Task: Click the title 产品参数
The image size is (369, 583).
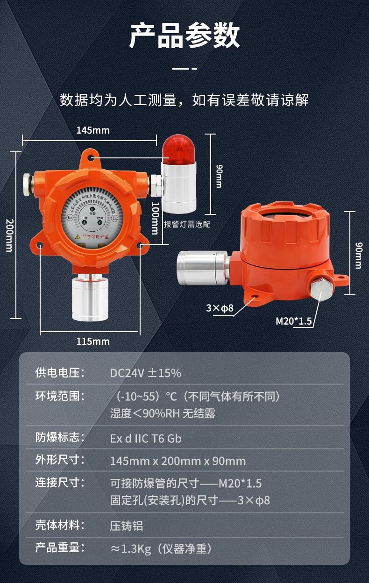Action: tap(184, 36)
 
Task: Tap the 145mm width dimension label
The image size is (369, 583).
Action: tap(93, 130)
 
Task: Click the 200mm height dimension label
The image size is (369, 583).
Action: tap(9, 235)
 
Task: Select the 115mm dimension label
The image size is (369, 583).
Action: tap(93, 341)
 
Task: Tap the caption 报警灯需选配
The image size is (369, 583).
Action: tap(187, 224)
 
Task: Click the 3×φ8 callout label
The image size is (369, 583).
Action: tap(220, 308)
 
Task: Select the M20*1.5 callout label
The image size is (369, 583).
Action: tap(294, 321)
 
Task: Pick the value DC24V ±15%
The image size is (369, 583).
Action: tap(145, 373)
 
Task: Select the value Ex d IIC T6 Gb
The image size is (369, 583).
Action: tap(146, 439)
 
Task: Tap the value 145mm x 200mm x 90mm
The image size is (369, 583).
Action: tap(177, 461)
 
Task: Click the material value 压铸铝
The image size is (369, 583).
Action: tap(127, 526)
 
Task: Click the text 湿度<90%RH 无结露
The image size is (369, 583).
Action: tap(163, 413)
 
